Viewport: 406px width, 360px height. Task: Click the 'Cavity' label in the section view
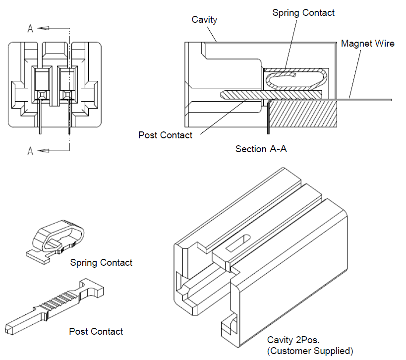[204, 19]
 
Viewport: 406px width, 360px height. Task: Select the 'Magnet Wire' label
[367, 44]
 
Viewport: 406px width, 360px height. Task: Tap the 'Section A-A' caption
[261, 149]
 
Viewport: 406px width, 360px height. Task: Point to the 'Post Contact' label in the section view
[165, 135]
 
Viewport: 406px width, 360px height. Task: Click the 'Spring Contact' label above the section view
[303, 13]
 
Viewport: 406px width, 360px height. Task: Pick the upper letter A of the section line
[30, 29]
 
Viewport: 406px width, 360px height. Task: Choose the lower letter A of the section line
[30, 151]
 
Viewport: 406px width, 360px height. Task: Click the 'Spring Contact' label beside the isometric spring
[101, 262]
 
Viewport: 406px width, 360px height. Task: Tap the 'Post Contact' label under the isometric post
[96, 331]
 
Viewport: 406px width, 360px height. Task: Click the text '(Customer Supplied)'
[310, 351]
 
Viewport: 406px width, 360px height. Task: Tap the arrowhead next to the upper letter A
[42, 28]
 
